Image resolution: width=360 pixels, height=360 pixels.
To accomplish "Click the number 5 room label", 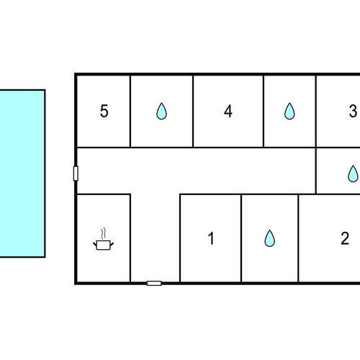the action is coord(104,111).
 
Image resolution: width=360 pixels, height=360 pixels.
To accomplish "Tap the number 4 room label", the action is coord(228,111).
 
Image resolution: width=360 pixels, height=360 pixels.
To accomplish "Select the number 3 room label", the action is coord(353,111).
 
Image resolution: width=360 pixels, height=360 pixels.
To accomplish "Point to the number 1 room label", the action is coord(211,238).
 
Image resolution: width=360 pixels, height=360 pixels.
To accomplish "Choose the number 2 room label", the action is coord(345,238).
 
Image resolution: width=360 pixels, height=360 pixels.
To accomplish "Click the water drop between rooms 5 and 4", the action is coord(161,111).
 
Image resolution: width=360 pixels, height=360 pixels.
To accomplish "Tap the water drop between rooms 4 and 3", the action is coord(289,111).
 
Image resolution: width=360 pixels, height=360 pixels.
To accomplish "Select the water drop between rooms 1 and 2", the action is coord(269,238).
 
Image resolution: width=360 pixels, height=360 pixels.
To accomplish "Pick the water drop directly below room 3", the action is coord(353,174).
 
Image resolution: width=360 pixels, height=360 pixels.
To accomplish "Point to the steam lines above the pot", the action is coord(103,233).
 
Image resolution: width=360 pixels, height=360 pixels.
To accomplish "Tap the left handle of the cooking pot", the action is coord(95,244).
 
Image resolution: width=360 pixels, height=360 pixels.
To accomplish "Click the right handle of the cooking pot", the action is coord(112,244).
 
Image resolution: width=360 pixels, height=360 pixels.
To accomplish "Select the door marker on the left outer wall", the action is coord(76,174).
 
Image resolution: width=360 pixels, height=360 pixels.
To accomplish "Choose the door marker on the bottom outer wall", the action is coord(154,284).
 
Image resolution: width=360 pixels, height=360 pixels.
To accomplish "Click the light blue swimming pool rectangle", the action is coord(22,174).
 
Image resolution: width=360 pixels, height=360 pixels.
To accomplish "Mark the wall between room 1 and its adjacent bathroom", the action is coord(241,238).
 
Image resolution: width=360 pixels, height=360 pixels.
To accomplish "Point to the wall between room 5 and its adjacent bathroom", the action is coord(130,111).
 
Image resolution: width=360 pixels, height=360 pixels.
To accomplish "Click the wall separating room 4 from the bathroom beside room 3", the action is coord(264,111).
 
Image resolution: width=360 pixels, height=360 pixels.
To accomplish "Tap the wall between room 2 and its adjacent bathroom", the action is coord(298,238).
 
